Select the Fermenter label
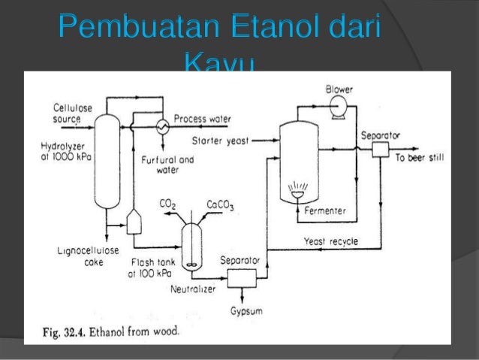[x=325, y=211]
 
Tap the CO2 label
[x=167, y=203]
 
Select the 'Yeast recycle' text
[x=330, y=241]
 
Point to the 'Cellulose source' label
[x=72, y=113]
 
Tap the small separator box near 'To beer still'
[x=379, y=149]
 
